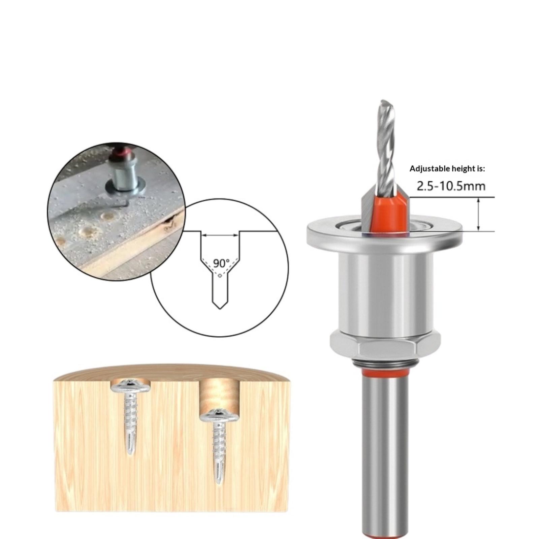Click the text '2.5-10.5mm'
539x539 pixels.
pos(451,186)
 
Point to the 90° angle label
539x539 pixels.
pos(221,263)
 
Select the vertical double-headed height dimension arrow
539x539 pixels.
pos(478,214)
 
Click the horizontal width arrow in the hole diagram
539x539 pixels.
pos(220,235)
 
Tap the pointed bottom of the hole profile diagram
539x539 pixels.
pos(220,308)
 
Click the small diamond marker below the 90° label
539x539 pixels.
pos(220,276)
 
